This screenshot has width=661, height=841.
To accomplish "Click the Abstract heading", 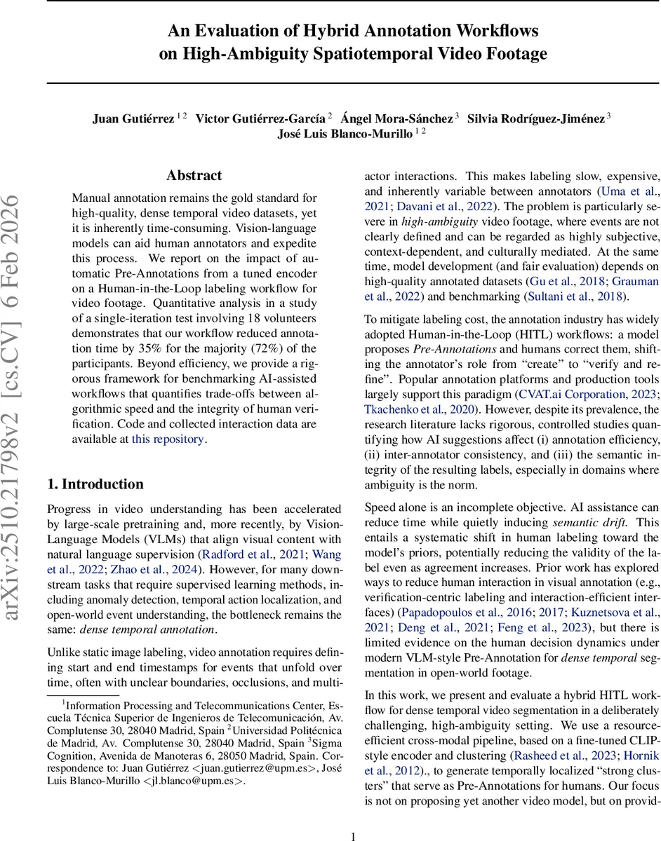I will tap(194, 175).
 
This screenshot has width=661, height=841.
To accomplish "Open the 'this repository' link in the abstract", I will tap(168, 439).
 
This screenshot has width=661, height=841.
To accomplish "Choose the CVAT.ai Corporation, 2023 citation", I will tap(589, 394).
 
